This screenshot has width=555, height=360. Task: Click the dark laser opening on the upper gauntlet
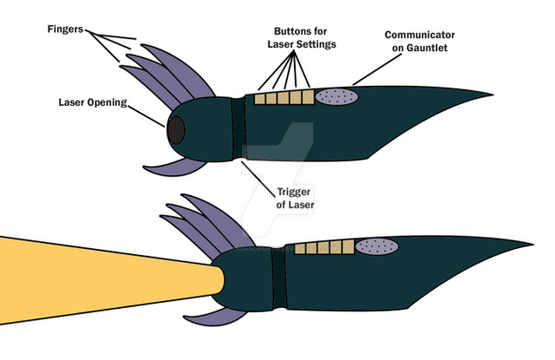tap(175, 130)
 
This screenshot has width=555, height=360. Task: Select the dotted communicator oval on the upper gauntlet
tap(336, 98)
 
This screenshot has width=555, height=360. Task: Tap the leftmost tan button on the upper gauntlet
tap(259, 99)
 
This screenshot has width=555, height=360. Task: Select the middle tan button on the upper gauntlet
tap(283, 98)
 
